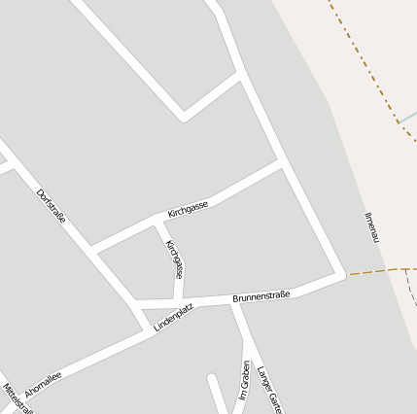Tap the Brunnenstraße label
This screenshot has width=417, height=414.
click(261, 295)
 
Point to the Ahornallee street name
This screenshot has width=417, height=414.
click(43, 383)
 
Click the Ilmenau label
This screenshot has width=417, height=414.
click(369, 227)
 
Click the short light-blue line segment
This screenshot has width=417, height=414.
click(407, 120)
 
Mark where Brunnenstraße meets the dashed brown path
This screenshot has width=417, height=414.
click(345, 276)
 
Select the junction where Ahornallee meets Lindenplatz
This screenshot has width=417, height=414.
click(151, 330)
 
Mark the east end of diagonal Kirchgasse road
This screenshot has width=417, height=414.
click(283, 162)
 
